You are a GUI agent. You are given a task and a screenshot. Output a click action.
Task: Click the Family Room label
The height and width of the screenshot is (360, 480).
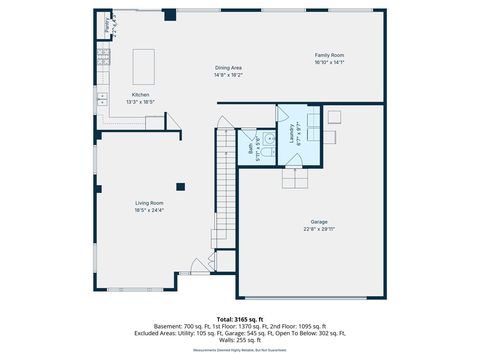tap(329, 55)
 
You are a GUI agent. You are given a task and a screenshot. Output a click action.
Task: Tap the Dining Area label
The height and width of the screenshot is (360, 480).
tap(229, 68)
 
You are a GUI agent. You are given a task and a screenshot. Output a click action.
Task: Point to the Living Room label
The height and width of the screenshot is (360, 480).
tap(149, 204)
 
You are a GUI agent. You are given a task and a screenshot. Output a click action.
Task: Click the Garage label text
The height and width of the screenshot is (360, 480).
tap(318, 221)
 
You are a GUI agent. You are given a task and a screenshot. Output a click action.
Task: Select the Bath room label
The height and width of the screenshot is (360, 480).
tap(250, 147)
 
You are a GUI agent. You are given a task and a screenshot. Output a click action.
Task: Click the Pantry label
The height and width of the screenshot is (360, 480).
tap(106, 24)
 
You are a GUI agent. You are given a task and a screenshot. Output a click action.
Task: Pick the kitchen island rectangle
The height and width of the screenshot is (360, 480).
tap(145, 66)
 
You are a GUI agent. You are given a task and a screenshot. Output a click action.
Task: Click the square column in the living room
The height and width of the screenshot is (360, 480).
tap(180, 185)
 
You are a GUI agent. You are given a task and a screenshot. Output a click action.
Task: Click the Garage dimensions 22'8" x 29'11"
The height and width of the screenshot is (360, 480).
tap(318, 229)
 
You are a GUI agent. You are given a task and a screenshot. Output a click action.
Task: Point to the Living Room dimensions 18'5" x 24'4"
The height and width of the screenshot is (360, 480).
tap(149, 211)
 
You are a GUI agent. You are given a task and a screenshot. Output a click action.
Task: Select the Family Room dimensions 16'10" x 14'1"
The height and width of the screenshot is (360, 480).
tap(329, 62)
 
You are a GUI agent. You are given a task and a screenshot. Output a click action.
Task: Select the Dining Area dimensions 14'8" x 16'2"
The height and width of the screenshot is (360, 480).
tap(229, 75)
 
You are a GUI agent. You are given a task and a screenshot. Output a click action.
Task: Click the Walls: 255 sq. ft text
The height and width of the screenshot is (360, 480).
tap(239, 340)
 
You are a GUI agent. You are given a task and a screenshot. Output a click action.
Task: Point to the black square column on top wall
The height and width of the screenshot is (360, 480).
tap(170, 15)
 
